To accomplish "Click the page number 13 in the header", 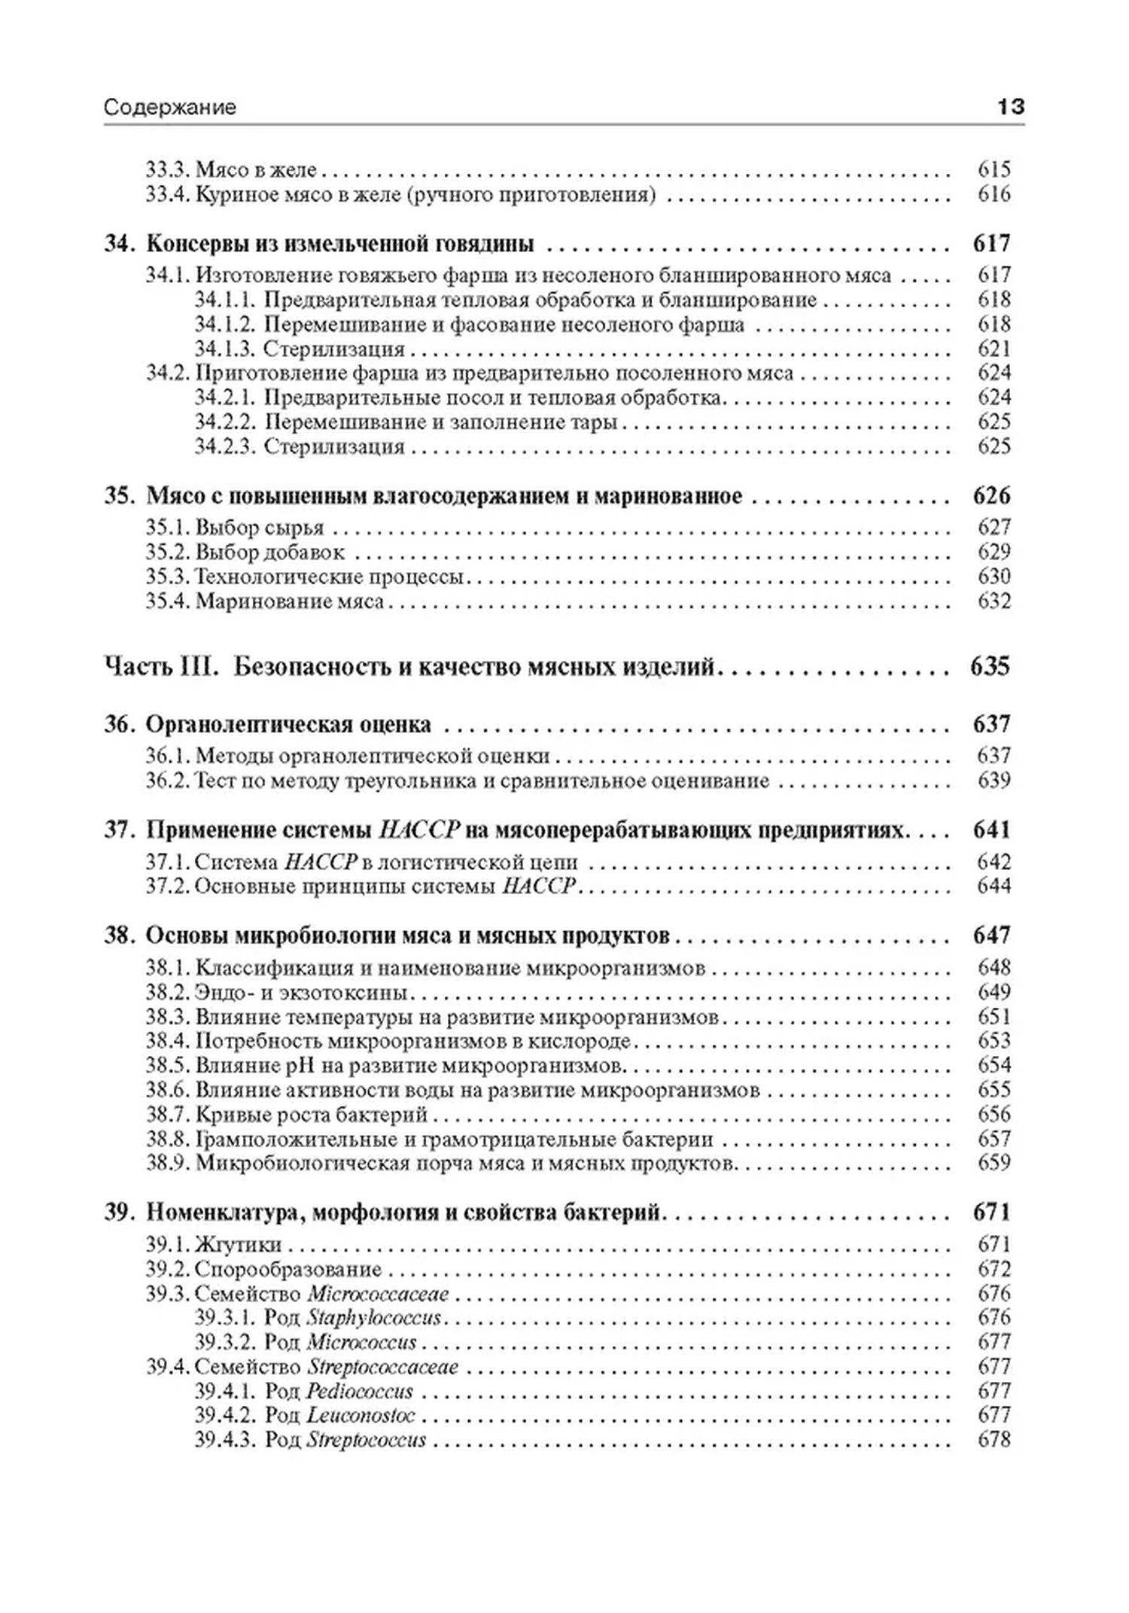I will click(x=1010, y=107).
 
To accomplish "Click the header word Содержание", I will click(x=169, y=108).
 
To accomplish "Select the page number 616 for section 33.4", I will click(x=994, y=194).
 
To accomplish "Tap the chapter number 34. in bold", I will click(x=119, y=244).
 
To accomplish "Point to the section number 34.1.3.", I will click(x=225, y=348).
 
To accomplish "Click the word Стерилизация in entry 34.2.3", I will click(x=334, y=446).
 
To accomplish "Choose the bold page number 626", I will click(x=991, y=496).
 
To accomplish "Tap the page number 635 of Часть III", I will click(x=990, y=666).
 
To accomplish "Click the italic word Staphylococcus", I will click(x=374, y=1318).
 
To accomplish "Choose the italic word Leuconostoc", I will click(x=361, y=1415).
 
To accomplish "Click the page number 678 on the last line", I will click(x=994, y=1440).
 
